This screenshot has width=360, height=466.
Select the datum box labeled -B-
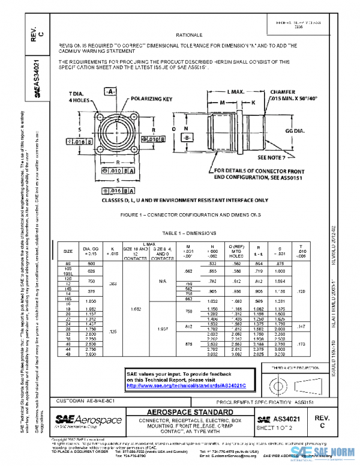187,138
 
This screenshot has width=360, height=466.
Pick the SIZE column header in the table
68,250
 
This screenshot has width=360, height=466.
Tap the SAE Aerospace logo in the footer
89,420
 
